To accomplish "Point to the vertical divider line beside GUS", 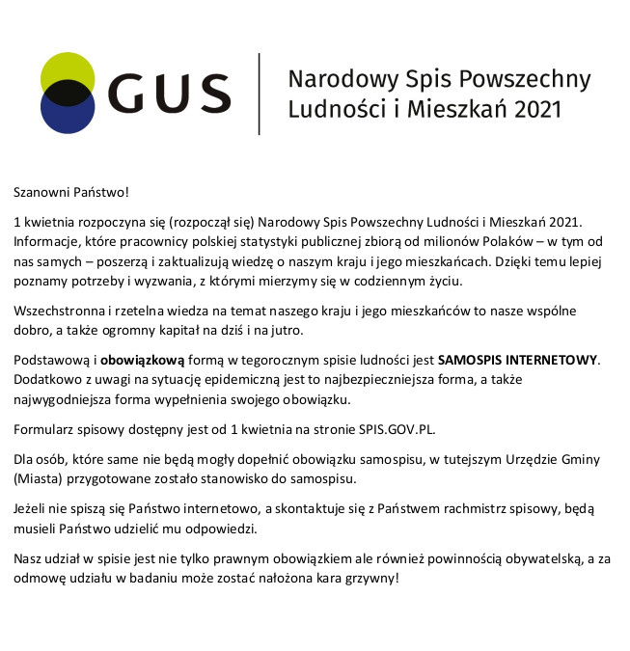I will pos(260,94).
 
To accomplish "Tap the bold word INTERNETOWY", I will pos(550,360).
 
